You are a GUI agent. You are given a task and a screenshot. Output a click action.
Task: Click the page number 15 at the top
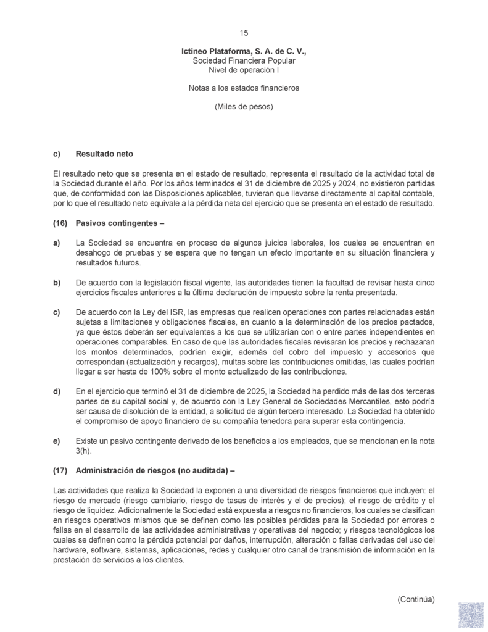pyautogui.click(x=244, y=33)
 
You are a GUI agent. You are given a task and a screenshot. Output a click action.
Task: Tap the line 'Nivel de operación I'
pyautogui.click(x=244, y=71)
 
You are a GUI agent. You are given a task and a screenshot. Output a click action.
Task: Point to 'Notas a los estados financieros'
pyautogui.click(x=244, y=88)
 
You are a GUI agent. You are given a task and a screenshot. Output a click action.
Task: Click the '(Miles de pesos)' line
pyautogui.click(x=244, y=106)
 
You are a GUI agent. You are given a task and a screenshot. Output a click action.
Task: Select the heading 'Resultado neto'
pyautogui.click(x=104, y=153)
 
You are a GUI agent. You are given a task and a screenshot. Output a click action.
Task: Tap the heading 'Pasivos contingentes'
pyautogui.click(x=117, y=222)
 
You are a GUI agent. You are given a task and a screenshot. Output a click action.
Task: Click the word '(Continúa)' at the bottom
pyautogui.click(x=416, y=599)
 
